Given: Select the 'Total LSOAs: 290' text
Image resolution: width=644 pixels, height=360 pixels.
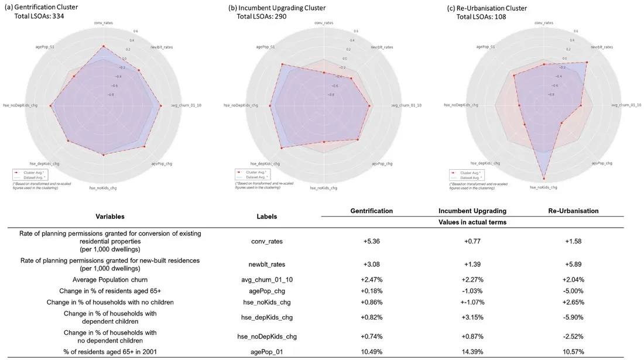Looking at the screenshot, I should (x=262, y=16).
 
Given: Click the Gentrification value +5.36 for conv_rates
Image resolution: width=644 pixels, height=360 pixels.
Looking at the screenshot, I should (x=371, y=240).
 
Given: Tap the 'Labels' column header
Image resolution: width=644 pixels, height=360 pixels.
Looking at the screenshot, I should (x=266, y=216).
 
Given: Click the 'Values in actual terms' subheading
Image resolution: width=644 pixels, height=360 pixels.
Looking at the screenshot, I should (x=472, y=223).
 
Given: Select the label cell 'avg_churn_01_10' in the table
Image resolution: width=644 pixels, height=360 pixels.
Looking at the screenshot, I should (x=267, y=280).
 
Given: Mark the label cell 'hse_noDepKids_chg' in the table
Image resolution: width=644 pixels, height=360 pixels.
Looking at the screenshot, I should (x=267, y=336).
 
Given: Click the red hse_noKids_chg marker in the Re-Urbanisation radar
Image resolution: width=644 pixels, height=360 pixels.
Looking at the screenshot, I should (x=544, y=178).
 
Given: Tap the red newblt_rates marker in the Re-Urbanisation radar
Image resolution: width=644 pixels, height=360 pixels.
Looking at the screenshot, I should (x=586, y=62).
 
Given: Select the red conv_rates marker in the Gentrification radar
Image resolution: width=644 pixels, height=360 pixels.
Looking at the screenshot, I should (x=104, y=46).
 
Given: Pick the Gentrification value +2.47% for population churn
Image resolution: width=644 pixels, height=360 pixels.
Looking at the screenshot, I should (x=371, y=280).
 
